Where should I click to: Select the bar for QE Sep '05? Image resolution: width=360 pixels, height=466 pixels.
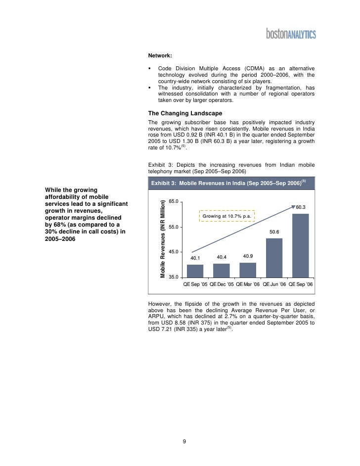coord(195,271)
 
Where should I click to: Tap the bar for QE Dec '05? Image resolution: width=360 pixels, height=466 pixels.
coord(222,271)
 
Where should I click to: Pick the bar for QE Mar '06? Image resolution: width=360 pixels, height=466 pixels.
coord(248,270)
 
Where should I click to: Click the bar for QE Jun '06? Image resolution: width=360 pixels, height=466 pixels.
coord(274,258)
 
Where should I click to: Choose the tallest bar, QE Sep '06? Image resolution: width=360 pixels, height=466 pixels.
coord(301,245)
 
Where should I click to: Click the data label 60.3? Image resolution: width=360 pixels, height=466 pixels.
coord(301,207)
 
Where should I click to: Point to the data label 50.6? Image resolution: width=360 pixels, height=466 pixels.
coord(274,232)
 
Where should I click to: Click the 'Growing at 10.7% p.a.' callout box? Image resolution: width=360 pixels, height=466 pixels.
coord(227,216)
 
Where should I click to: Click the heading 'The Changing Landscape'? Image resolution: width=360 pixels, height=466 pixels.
coord(181,113)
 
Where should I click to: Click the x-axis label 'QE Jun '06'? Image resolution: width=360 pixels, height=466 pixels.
coord(274,284)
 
